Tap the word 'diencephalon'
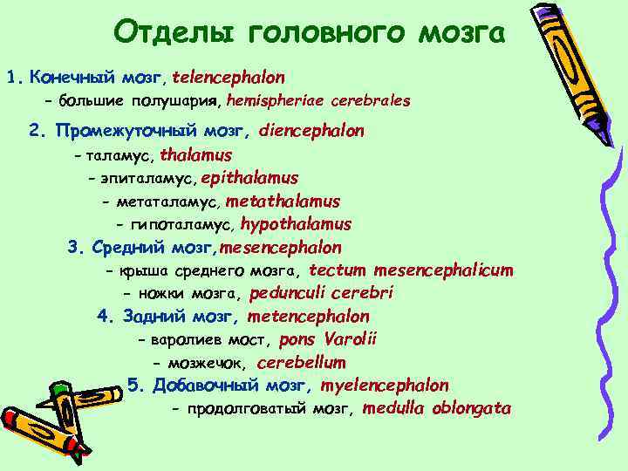[311, 131]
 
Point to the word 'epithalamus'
[249, 178]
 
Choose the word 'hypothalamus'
[296, 224]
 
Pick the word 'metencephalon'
[309, 317]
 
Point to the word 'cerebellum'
[302, 362]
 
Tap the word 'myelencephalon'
[385, 385]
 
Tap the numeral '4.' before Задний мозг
[106, 317]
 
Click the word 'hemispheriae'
[276, 100]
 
